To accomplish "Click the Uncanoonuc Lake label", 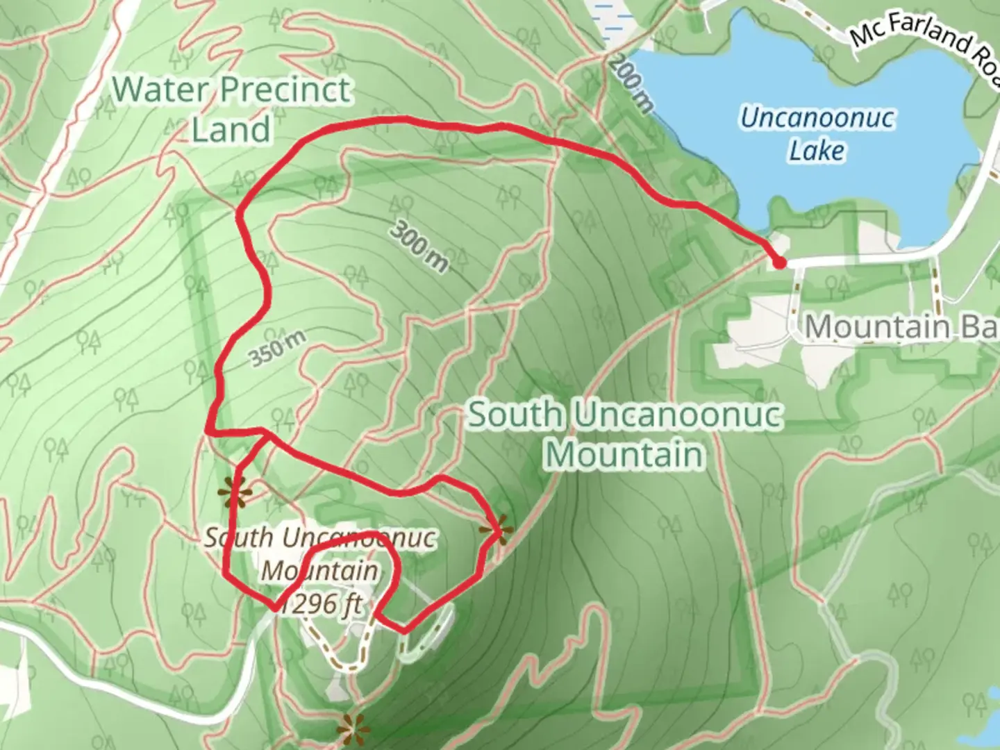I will [x=817, y=134].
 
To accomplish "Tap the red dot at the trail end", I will [x=779, y=262].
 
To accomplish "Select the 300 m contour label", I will [x=419, y=246].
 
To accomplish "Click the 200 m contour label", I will [x=633, y=83].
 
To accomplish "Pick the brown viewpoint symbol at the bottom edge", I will [x=352, y=729].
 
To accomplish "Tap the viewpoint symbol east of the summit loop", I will [x=497, y=531].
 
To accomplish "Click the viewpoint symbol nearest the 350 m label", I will [x=234, y=494].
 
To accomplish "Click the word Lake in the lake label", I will [x=817, y=151].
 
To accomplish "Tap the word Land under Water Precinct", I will [x=231, y=130].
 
